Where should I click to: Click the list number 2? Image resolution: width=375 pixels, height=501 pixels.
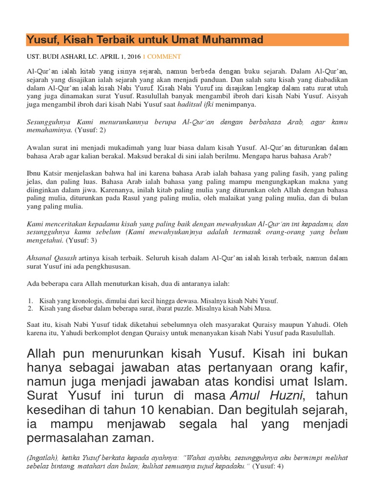pos(30,309)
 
